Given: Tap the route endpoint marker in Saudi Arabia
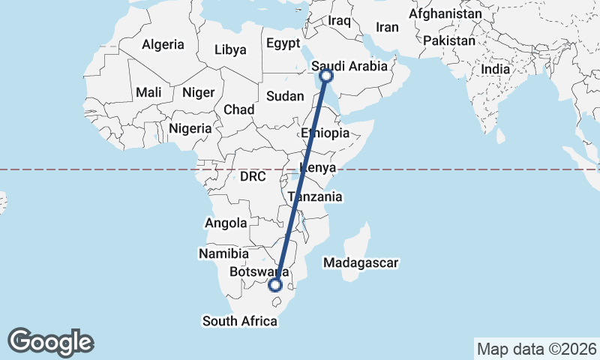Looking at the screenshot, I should [x=326, y=75].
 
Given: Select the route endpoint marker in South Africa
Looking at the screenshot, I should [x=276, y=284].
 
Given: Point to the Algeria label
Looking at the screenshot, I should [x=163, y=44].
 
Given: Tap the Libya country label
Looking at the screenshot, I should [x=229, y=50].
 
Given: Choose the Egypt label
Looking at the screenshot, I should [x=283, y=43].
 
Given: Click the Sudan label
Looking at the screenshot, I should [x=285, y=96].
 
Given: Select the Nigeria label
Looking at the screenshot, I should [x=190, y=128].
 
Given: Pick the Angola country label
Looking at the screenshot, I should [x=226, y=223].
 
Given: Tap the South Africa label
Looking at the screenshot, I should [x=240, y=321].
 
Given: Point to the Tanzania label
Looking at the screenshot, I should [x=315, y=197].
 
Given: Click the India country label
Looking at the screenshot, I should [x=495, y=69].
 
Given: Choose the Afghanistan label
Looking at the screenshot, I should [x=445, y=14].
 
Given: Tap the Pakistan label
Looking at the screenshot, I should [x=448, y=40].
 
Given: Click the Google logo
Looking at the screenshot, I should [x=50, y=342].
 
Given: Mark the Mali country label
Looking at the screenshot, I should [x=148, y=93].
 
